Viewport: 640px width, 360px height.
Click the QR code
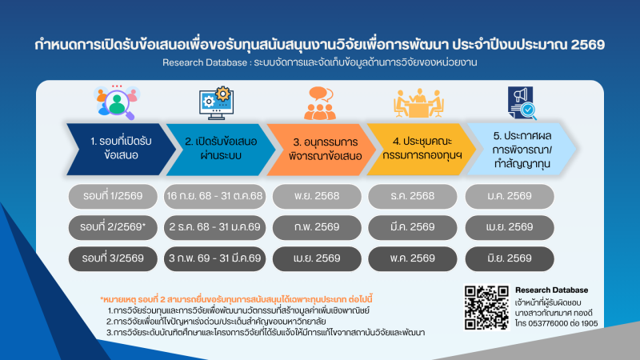click(x=483, y=305)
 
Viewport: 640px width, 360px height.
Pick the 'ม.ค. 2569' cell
click(x=509, y=196)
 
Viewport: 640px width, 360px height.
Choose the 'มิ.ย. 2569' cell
click(x=509, y=258)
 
